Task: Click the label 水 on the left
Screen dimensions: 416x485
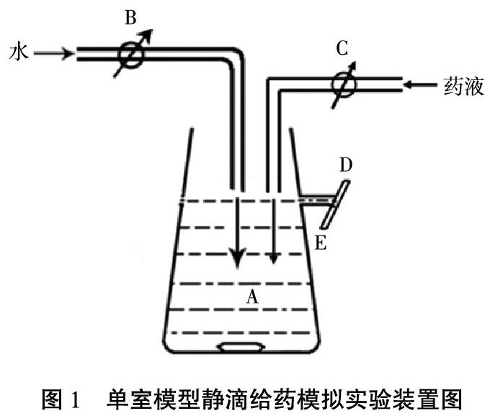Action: coord(17,52)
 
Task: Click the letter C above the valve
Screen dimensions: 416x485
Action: coord(342,49)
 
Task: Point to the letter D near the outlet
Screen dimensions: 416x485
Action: coord(346,165)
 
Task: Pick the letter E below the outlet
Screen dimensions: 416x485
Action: coord(321,242)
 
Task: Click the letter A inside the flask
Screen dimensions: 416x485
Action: coord(252,295)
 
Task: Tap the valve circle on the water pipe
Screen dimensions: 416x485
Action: coord(132,53)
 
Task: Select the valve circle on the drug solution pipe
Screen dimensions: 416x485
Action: coord(342,84)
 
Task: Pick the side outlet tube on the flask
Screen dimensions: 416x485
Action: coord(313,199)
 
